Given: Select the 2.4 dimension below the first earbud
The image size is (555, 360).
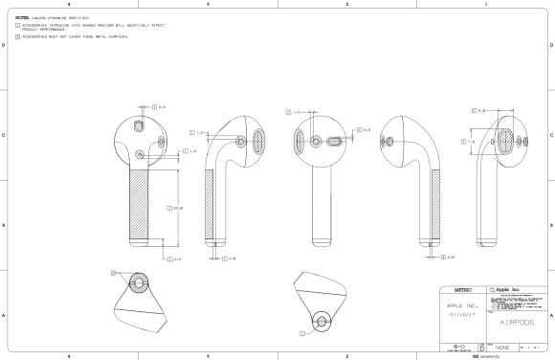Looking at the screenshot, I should (177, 258).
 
